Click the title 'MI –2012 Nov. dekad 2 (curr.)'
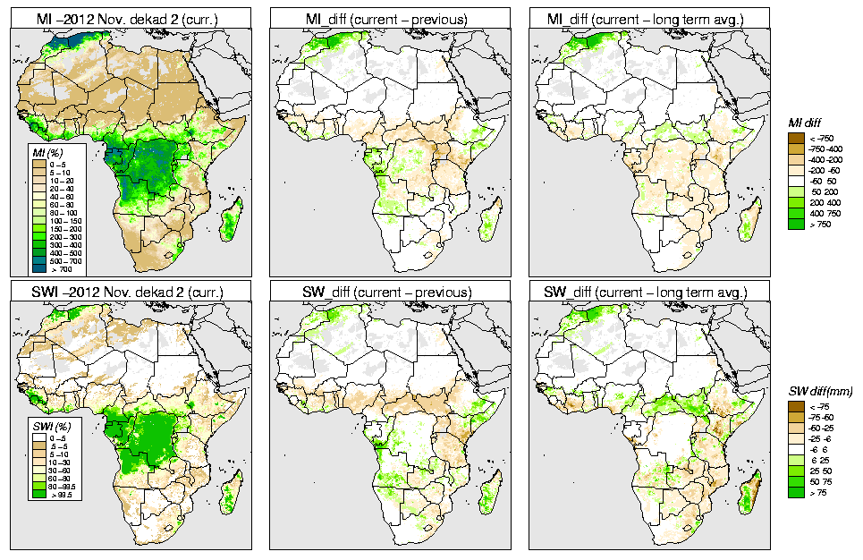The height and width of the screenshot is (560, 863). click(131, 17)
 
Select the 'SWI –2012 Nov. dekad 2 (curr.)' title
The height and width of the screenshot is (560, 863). click(131, 293)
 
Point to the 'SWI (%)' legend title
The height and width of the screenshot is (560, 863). click(46, 427)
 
